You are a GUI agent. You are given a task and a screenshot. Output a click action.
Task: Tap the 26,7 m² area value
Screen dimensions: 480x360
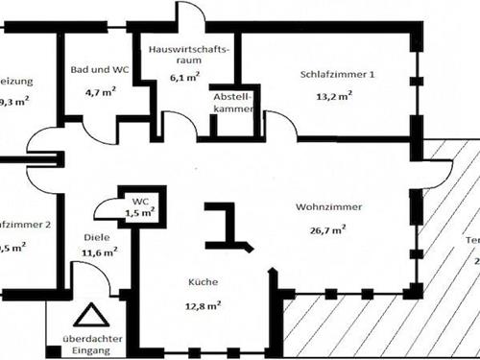pos(326,229)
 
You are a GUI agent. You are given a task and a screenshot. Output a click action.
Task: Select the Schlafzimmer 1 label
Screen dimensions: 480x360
pos(337,74)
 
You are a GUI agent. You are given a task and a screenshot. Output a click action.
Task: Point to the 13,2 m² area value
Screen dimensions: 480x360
pos(334,95)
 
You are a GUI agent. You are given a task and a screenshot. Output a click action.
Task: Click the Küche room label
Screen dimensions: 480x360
pos(203,282)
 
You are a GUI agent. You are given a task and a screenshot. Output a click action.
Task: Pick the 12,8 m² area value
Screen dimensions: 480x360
pos(204,306)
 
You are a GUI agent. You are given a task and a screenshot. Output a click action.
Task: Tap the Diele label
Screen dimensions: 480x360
pos(97,238)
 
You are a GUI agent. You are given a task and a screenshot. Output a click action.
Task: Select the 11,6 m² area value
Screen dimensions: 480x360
pos(100,252)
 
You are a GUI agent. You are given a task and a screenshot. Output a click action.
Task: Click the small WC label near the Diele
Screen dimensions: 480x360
pos(140,202)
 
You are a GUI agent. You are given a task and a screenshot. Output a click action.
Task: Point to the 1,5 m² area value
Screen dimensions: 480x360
pos(140,213)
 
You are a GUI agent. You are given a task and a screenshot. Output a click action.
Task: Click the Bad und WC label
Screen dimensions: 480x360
pos(99,70)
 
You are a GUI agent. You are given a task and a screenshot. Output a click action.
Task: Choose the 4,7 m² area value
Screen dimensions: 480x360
pos(100,93)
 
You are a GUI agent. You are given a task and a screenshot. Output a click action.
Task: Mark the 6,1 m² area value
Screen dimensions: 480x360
pos(185,77)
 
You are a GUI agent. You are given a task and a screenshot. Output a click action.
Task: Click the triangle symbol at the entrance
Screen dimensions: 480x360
pos(89,317)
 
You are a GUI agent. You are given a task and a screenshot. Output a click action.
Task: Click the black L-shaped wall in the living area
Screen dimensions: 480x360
pos(227,226)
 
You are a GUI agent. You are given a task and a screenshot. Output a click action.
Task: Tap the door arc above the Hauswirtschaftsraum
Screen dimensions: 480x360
pos(189,17)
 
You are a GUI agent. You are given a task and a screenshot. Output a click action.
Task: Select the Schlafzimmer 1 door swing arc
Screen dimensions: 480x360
pos(278,123)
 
